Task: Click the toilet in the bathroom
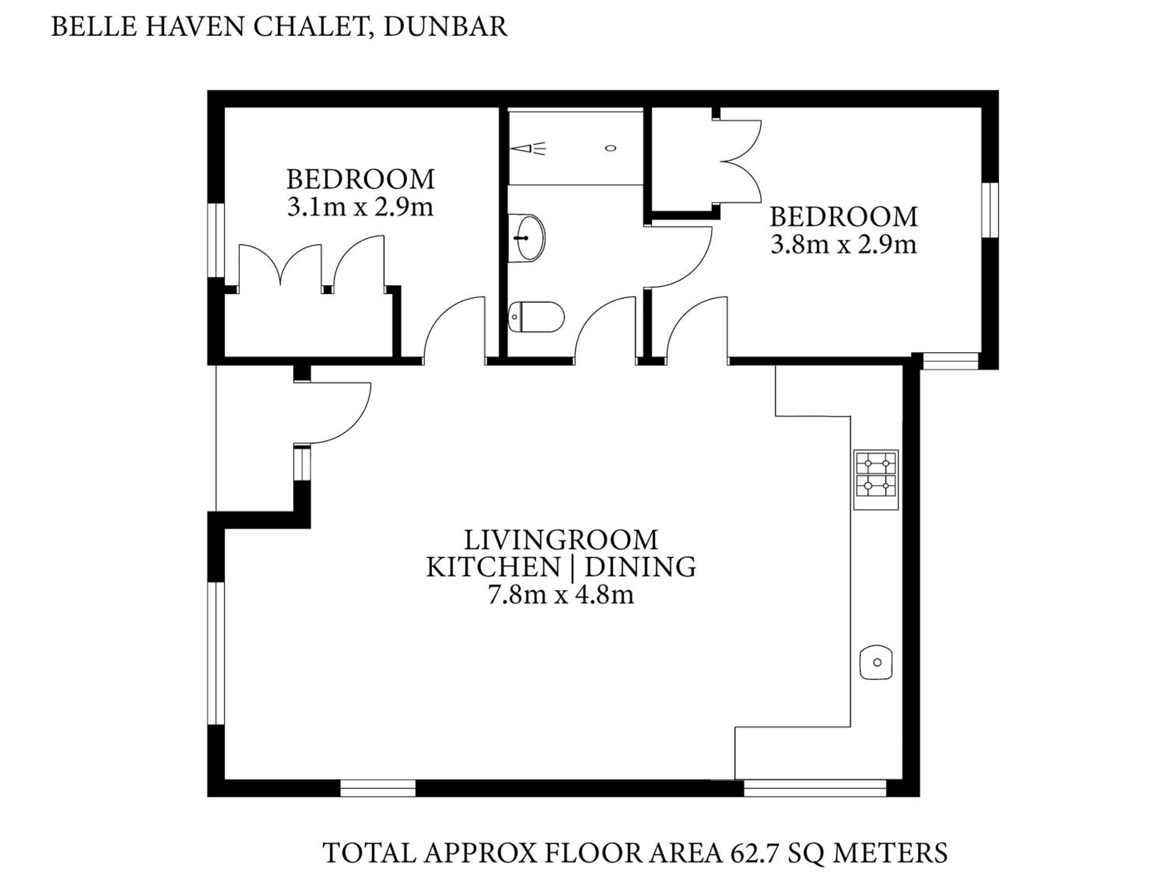pyautogui.click(x=536, y=317)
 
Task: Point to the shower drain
pyautogui.click(x=610, y=148)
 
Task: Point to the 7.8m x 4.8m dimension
pyautogui.click(x=561, y=595)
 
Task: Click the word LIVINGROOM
pyautogui.click(x=561, y=540)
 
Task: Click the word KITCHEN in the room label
pyautogui.click(x=493, y=567)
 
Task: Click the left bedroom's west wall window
pyautogui.click(x=216, y=240)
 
